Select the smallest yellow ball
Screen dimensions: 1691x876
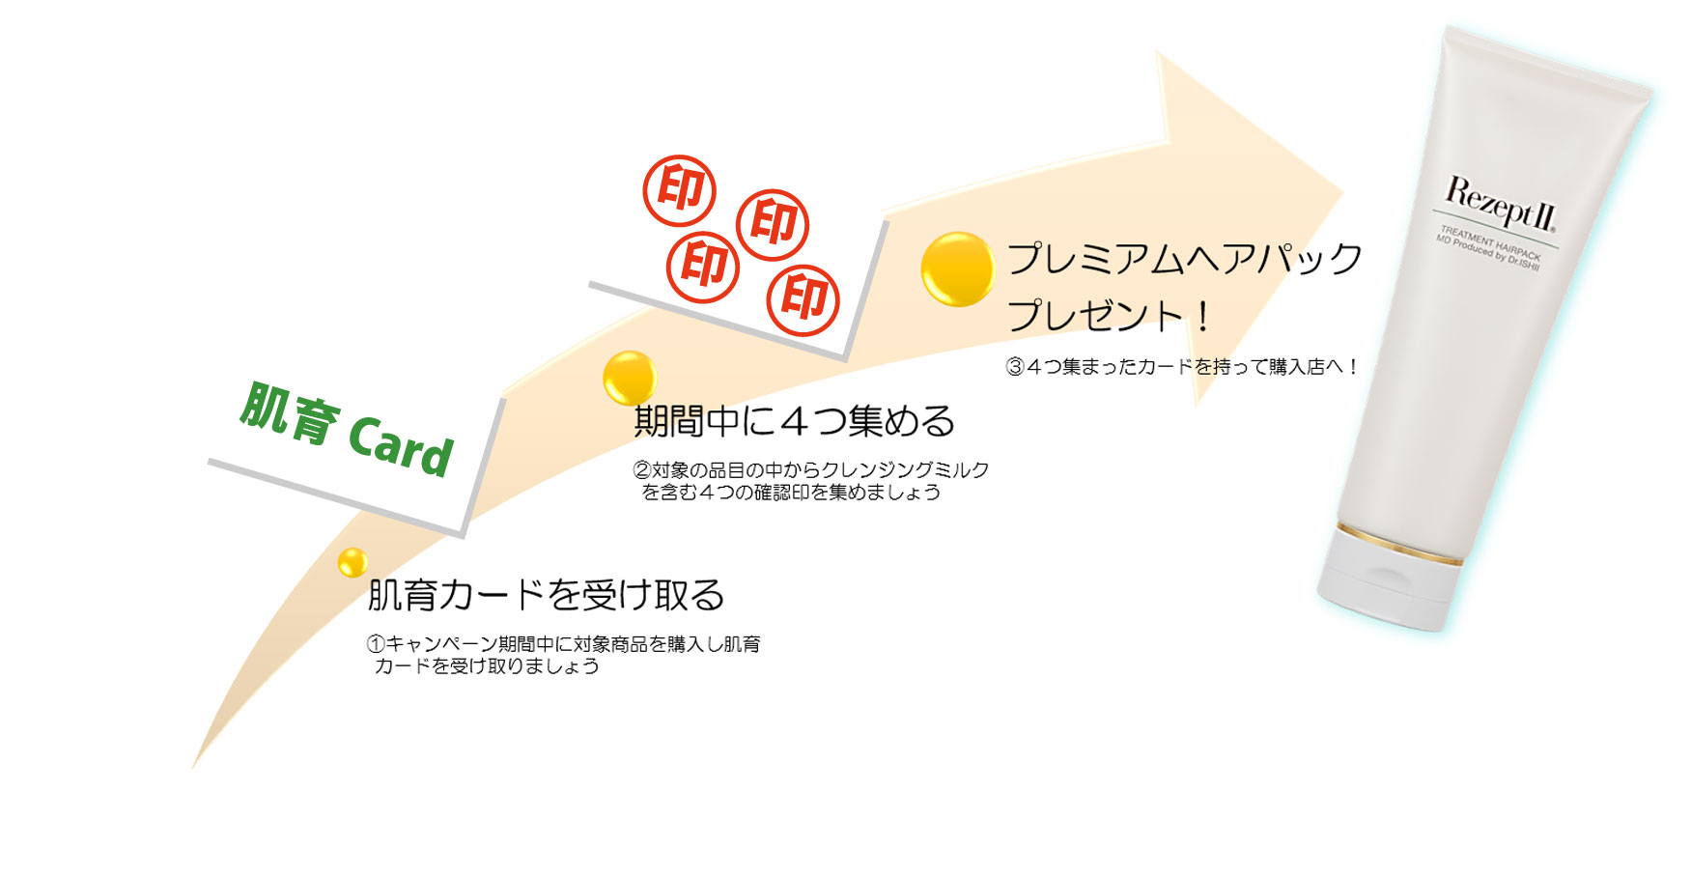coord(352,561)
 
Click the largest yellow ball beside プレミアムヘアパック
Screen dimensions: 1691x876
coord(957,269)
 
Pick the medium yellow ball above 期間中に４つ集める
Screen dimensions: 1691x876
coord(630,378)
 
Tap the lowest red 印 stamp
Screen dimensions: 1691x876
coord(803,299)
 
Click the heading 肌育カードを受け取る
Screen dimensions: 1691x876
coord(546,595)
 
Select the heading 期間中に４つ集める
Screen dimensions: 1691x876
coord(795,421)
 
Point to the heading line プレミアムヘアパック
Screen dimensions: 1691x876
coord(1185,259)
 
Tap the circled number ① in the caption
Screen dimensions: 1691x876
coord(376,644)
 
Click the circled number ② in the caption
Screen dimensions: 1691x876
coord(642,470)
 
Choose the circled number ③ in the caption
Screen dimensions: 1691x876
coord(1015,367)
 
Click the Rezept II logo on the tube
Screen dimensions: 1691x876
coord(1500,204)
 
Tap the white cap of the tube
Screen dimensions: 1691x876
coord(1387,579)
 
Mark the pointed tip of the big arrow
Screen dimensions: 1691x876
coord(1342,189)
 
